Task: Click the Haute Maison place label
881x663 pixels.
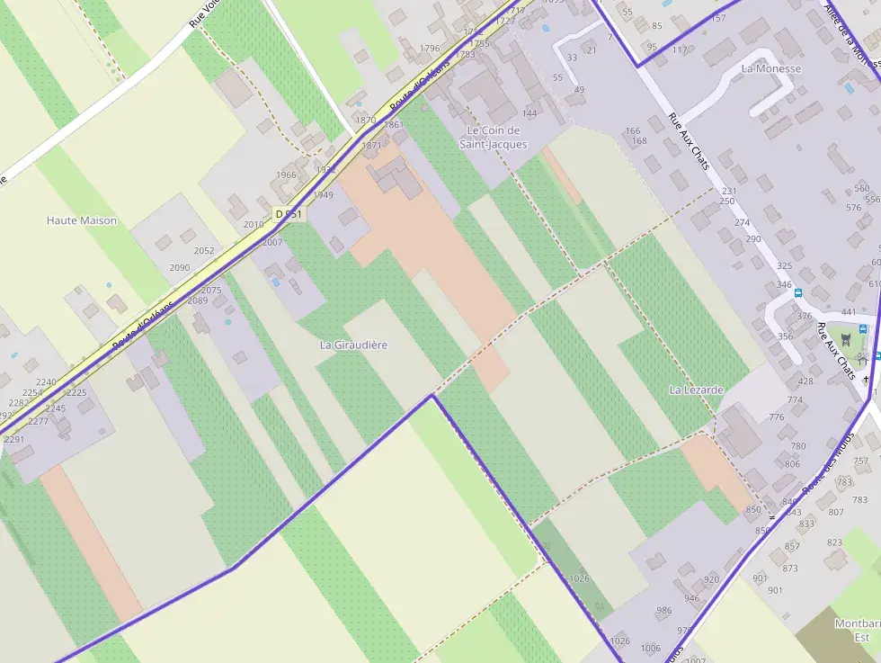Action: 82,220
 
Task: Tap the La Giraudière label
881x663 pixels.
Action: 353,345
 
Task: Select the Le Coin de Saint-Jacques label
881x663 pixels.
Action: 494,137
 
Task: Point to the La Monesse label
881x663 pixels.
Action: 771,68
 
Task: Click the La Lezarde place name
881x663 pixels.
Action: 697,390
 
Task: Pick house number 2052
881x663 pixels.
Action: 204,251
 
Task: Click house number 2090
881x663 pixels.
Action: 180,267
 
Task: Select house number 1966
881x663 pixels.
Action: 286,175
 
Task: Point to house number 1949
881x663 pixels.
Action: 323,195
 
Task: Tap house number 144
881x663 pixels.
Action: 529,113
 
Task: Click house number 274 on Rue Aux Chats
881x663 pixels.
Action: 742,223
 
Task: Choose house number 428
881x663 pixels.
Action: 805,381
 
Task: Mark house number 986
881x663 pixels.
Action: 664,611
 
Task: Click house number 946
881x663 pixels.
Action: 691,598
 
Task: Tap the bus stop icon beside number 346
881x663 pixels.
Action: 797,293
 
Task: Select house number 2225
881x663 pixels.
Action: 76,392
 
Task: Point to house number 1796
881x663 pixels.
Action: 430,49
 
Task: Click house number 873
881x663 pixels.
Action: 790,569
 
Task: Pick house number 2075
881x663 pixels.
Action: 211,291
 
